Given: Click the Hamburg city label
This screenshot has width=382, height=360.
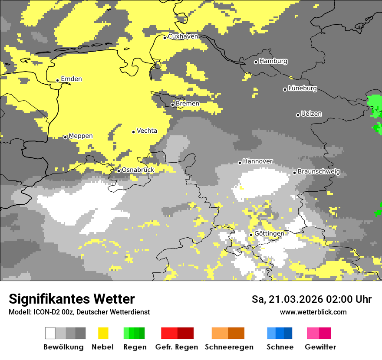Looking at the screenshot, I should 273,61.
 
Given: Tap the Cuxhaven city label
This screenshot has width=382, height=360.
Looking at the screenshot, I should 183,36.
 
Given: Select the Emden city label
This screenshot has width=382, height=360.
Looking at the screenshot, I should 71,79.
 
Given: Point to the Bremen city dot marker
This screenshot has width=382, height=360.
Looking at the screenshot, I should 172,105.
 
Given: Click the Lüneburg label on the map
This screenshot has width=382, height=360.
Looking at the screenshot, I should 302,88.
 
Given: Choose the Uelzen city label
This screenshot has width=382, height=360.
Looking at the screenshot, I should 311,114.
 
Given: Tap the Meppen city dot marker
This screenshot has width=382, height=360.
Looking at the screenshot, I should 65,137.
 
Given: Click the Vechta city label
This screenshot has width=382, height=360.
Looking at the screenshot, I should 147,131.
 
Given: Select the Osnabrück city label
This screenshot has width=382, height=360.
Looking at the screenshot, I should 138,170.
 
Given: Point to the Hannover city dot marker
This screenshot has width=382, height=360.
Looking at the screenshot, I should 240,163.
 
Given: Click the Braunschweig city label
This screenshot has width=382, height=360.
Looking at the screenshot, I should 319,172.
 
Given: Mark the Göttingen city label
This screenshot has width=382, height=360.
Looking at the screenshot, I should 269,234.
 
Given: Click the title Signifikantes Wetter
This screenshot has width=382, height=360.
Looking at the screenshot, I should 72,299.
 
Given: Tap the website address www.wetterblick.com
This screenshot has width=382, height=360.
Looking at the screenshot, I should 313,312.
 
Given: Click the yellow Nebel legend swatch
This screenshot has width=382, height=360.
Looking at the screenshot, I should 103,333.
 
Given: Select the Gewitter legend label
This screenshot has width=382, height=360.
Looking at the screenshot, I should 320,347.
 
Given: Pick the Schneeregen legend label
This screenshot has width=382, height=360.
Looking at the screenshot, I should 229,347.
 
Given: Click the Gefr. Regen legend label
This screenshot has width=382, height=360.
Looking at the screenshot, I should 177,347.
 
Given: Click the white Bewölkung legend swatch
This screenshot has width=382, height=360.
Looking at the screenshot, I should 50,333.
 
